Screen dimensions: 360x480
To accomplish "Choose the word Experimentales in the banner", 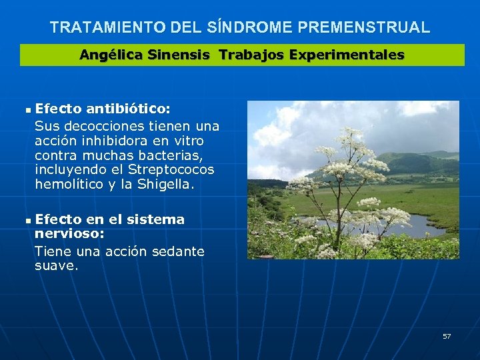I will (347, 55).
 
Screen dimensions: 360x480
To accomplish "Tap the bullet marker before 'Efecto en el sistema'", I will (27, 220).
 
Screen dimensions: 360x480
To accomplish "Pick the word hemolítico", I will (69, 185).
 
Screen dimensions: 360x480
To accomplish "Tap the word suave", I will (55, 266).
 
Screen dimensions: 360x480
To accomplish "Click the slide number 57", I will (447, 336).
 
